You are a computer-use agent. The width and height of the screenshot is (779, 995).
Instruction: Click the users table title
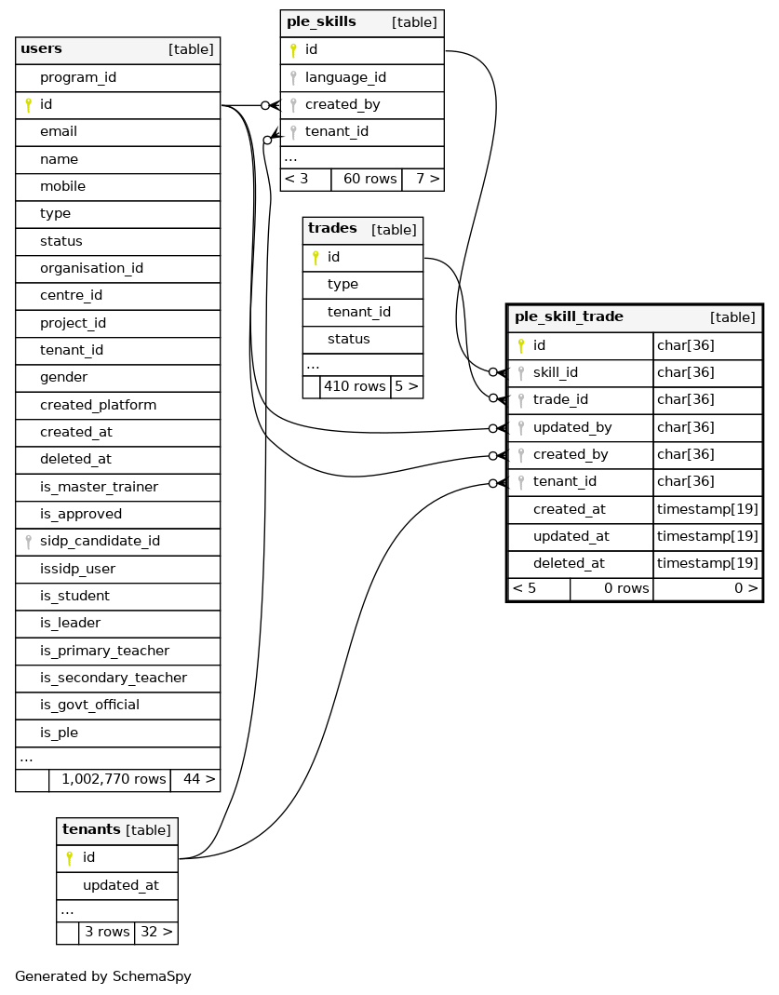click(x=42, y=49)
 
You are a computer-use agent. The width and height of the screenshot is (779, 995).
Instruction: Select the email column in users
click(x=59, y=132)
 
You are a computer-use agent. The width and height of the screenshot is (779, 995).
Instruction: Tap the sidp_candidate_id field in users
click(x=100, y=542)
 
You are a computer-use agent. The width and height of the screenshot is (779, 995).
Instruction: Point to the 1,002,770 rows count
click(x=114, y=779)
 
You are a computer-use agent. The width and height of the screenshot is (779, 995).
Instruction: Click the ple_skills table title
click(x=321, y=22)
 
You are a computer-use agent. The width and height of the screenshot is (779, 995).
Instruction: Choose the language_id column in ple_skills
click(x=345, y=77)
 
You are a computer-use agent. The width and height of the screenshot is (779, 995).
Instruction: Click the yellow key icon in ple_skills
click(x=293, y=50)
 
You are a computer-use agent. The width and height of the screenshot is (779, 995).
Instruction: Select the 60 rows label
click(x=369, y=179)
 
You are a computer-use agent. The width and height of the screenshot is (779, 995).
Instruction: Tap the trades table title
click(x=332, y=229)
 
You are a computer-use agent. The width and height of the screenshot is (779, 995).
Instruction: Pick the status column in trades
click(x=348, y=339)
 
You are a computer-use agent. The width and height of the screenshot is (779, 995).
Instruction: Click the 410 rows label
click(x=355, y=385)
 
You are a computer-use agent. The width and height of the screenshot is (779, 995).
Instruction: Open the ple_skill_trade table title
click(x=569, y=317)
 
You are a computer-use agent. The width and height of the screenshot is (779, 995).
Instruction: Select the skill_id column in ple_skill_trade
click(x=555, y=373)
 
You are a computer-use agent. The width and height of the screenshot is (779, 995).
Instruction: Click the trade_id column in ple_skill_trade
click(x=560, y=400)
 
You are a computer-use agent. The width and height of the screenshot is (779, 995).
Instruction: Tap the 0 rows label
click(x=626, y=588)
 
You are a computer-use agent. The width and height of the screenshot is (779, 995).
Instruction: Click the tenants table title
click(x=91, y=830)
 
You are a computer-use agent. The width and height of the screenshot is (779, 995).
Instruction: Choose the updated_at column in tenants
click(x=120, y=885)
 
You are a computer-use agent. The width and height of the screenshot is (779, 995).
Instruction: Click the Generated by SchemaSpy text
click(x=102, y=976)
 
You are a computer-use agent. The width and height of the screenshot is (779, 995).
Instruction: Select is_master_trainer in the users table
click(x=99, y=487)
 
